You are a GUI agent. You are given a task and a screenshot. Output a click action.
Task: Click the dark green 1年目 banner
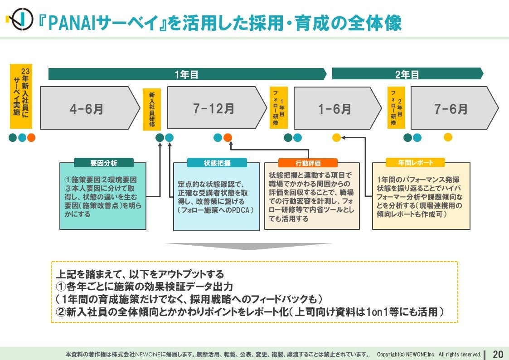187,74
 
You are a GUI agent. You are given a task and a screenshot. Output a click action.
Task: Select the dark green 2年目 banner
407,74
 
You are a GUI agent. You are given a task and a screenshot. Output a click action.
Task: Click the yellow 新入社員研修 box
151,109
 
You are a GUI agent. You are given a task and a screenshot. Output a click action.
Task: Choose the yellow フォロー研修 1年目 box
278,108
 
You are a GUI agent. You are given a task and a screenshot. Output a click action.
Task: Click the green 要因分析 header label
103,163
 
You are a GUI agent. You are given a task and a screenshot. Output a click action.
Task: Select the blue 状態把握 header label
217,163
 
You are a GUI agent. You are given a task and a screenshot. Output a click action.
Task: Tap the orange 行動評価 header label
308,163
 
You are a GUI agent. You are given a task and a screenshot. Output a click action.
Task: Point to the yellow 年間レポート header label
415,162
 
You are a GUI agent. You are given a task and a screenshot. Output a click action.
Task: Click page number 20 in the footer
498,354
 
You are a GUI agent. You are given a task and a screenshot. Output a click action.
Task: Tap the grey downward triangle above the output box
248,246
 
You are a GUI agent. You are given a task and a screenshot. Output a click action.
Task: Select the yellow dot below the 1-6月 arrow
336,137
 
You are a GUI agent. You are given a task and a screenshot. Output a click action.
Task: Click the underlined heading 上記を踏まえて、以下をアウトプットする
140,274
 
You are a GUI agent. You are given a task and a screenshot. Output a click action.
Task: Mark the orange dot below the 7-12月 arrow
228,137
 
